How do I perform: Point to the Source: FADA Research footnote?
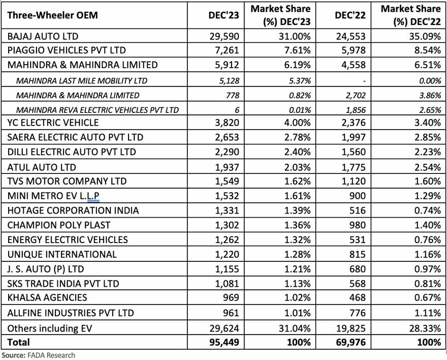pos(38,355)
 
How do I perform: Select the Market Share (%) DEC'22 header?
pos(410,15)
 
